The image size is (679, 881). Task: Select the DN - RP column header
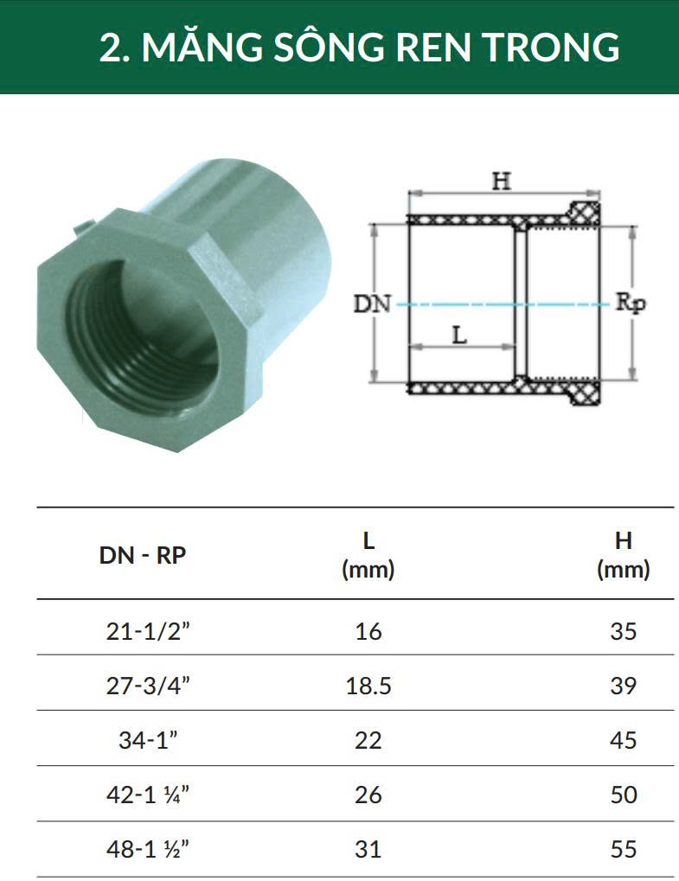click(x=143, y=555)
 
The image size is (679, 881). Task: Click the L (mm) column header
click(x=368, y=555)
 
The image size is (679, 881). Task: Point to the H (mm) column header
click(x=624, y=555)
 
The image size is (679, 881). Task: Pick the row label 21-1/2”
click(x=149, y=631)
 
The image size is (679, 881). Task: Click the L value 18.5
click(x=368, y=686)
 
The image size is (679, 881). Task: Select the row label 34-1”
click(x=149, y=740)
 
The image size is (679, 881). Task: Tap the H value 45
click(x=624, y=740)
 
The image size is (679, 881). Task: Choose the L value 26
click(x=368, y=795)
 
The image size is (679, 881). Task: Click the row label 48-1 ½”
click(x=149, y=849)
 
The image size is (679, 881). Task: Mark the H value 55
click(x=624, y=849)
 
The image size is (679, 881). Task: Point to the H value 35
click(x=624, y=631)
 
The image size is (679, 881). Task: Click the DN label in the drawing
click(x=372, y=304)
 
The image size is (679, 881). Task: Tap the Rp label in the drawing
click(x=631, y=303)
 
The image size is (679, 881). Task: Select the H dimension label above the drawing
click(x=502, y=182)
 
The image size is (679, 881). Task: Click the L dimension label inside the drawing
click(x=460, y=335)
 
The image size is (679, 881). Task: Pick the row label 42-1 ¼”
click(x=149, y=795)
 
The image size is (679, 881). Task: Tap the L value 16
click(x=368, y=631)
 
